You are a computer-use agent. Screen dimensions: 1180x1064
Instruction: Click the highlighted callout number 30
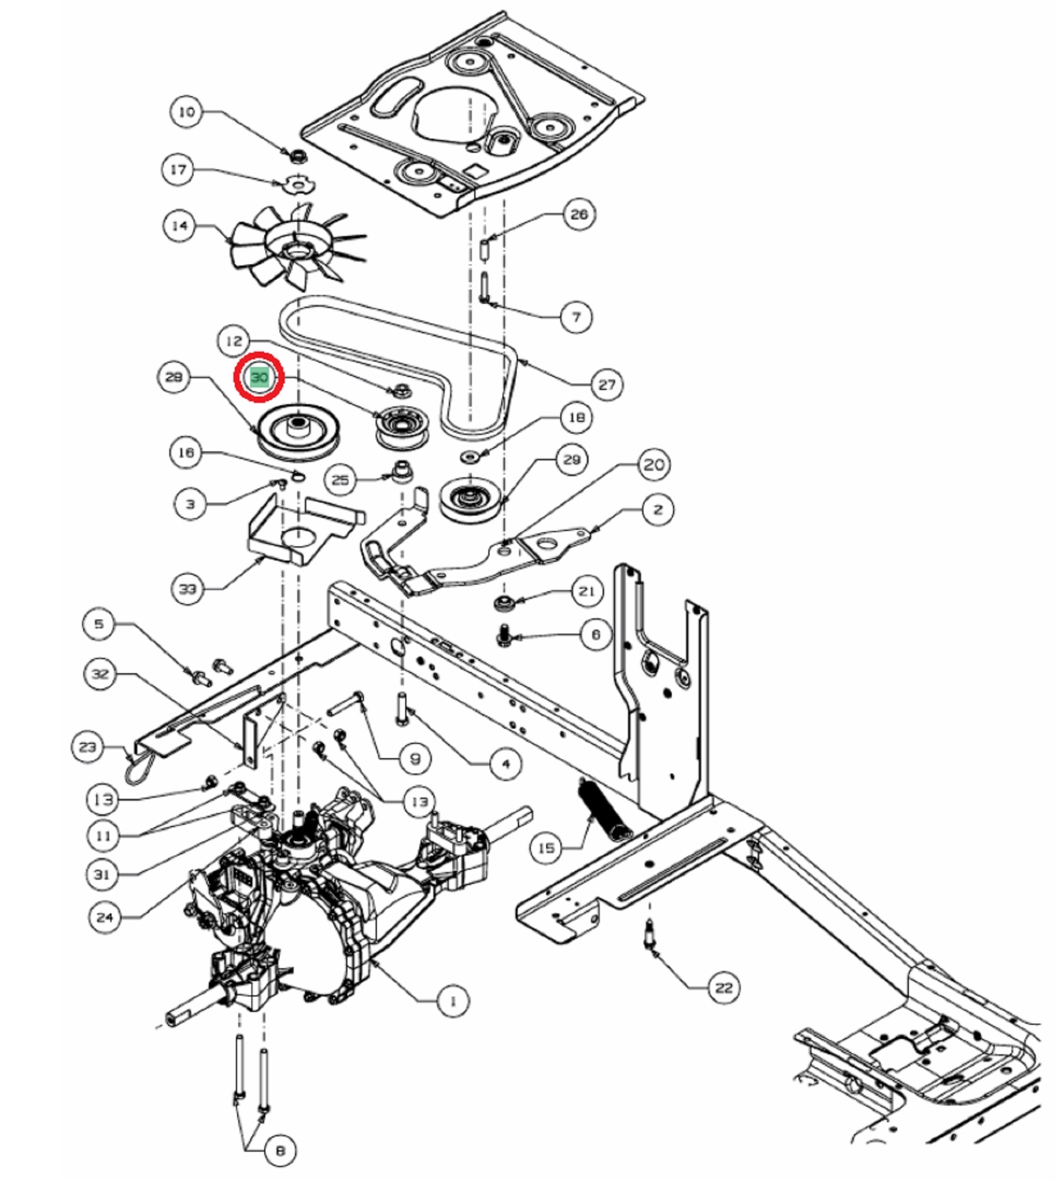260,377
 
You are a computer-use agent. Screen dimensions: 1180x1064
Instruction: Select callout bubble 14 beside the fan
179,225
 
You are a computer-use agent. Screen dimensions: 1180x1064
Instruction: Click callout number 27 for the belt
607,385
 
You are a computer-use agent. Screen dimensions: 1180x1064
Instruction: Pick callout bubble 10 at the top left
186,112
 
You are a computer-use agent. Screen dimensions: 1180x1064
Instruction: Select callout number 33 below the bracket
188,589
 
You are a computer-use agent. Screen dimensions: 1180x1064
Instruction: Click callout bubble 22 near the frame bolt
723,988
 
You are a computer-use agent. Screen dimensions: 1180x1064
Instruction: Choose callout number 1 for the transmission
452,1001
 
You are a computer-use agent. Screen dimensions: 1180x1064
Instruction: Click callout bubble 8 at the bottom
280,1150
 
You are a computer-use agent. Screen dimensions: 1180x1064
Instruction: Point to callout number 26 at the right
579,214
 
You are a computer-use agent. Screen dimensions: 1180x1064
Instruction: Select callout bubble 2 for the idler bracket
658,509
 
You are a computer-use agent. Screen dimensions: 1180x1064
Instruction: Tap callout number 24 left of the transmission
104,917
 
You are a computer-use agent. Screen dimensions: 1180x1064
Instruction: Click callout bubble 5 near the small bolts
99,624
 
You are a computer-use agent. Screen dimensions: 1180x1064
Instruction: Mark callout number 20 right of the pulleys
653,465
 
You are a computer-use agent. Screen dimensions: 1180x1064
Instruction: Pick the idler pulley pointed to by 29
470,499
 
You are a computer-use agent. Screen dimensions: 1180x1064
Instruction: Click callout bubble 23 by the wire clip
87,747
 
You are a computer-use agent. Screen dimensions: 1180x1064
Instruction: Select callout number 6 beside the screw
595,634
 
